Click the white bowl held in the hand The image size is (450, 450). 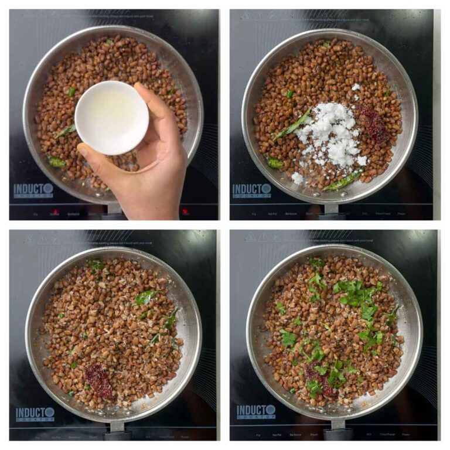click(x=111, y=117)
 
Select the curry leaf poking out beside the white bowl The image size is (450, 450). click(x=64, y=131)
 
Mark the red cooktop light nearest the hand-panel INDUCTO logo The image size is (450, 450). click(x=55, y=212)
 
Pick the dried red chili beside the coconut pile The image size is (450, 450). click(x=374, y=123)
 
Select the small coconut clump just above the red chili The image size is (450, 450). click(x=356, y=87)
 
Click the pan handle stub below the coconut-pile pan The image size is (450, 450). click(x=331, y=209)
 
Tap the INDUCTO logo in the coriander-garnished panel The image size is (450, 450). click(x=256, y=411)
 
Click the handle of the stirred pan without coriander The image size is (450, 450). click(x=117, y=431)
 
